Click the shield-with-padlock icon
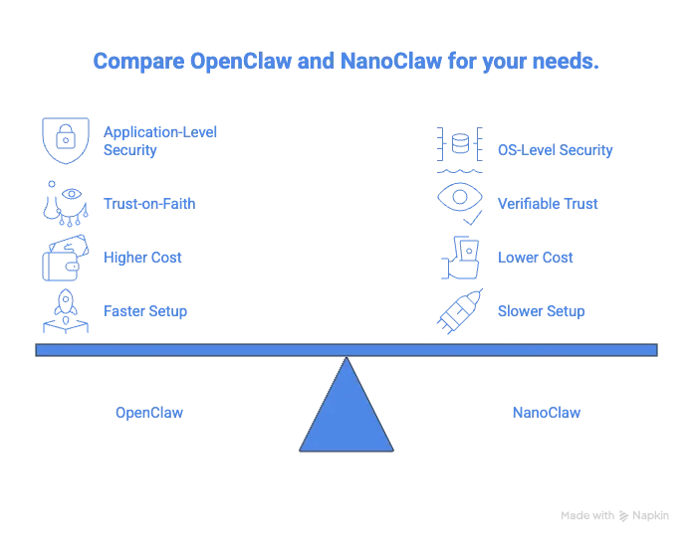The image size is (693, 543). pos(66,140)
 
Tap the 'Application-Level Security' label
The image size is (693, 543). pos(160,141)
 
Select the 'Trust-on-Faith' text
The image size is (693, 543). pos(149,204)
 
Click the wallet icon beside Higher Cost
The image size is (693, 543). pos(66,258)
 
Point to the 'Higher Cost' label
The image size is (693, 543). pos(142,258)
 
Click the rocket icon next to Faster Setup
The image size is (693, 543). pos(66,311)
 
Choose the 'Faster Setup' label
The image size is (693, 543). pos(145,311)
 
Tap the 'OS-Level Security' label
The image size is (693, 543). pos(556,150)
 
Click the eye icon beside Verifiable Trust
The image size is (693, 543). pos(460,203)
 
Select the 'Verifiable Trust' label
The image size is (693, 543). pos(548,204)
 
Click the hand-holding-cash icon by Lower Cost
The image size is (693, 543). pos(460,258)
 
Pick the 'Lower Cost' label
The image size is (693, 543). pos(536,258)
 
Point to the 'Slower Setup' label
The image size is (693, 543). pos(541,311)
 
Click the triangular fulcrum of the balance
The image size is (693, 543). pos(346,415)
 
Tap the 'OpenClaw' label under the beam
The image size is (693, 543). pos(149,413)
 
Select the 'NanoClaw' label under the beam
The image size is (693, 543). pos(547,413)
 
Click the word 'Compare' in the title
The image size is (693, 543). pos(138,62)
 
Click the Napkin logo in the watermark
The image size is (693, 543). pos(623,515)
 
